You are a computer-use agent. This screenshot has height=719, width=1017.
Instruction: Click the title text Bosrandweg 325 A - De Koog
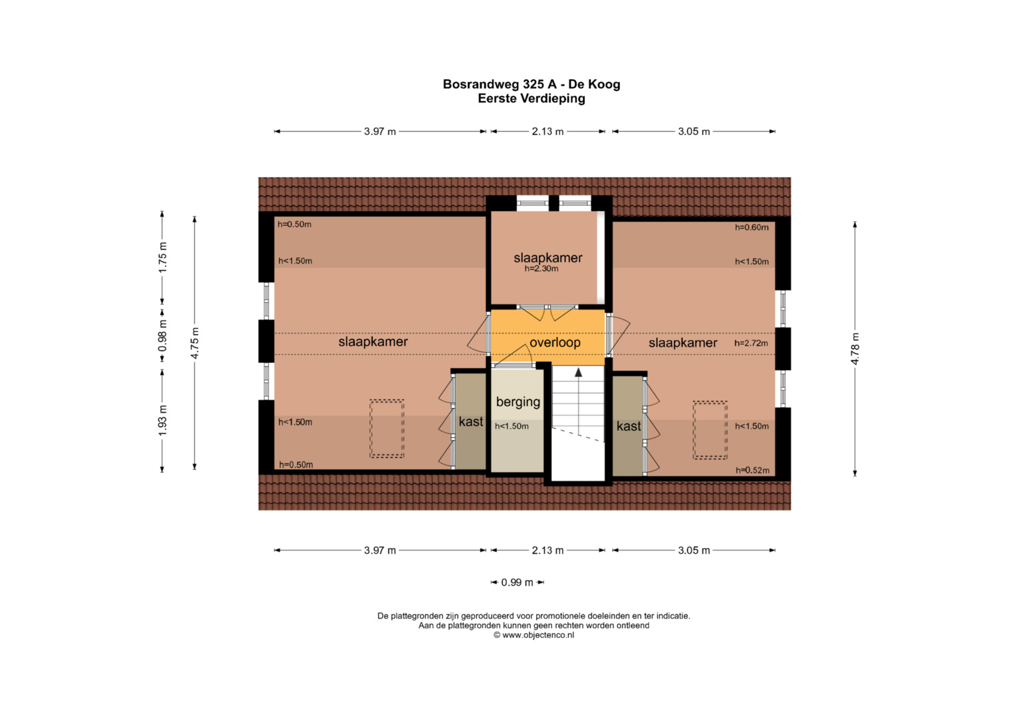[x=531, y=85]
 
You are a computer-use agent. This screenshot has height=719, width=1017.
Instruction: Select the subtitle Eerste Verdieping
[x=531, y=99]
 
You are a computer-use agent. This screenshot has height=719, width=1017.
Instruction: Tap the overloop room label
[x=555, y=343]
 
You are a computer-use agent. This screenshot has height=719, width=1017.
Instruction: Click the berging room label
[x=517, y=402]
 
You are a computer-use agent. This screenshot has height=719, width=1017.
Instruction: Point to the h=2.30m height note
[x=541, y=269]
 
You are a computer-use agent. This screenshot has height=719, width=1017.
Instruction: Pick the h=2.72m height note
[x=751, y=344]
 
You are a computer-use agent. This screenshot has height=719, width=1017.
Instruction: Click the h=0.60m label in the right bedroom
[x=751, y=228]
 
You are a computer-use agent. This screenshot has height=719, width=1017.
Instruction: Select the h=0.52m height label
[x=752, y=471]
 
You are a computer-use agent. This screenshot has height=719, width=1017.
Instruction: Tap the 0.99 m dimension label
[x=517, y=583]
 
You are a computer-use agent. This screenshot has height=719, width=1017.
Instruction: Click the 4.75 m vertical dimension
[x=194, y=344]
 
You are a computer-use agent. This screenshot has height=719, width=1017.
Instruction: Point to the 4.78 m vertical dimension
[x=855, y=349]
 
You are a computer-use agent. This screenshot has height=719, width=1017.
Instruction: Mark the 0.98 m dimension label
[x=163, y=336]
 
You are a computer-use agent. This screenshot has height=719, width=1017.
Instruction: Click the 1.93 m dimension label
[x=163, y=421]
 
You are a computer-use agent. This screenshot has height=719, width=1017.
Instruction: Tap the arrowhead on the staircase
[x=578, y=373]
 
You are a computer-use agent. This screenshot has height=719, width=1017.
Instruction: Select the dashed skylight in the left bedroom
[x=387, y=429]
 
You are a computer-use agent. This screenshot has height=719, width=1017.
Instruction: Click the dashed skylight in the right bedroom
[x=709, y=430]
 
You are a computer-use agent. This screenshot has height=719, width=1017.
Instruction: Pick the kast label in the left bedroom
[x=471, y=421]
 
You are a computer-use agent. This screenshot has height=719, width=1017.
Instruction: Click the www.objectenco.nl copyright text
[x=533, y=635]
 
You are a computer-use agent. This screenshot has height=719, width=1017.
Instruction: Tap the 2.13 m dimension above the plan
[x=547, y=132]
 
